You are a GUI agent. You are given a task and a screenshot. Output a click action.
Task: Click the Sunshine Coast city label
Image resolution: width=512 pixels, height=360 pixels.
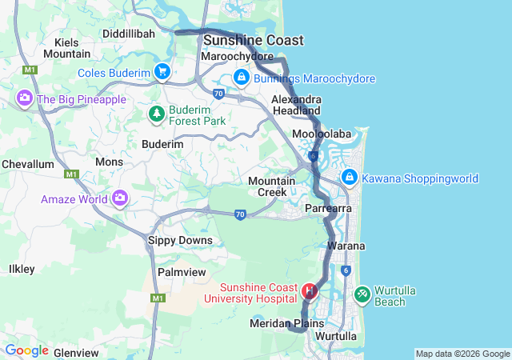click(242, 40)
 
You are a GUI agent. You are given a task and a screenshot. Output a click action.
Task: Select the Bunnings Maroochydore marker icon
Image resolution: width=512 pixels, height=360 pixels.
click(240, 78)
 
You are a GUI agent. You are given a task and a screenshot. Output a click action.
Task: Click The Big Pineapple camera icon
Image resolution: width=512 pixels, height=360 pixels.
click(24, 98)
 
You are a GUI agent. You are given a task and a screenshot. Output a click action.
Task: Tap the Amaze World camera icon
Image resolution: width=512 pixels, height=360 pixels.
click(120, 197)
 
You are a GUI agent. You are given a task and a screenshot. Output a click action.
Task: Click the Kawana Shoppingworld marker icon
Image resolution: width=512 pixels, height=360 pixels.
click(350, 178)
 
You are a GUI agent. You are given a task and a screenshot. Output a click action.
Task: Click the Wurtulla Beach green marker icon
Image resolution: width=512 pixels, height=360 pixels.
click(362, 295)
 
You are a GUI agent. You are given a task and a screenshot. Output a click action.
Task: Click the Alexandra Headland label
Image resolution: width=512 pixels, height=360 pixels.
click(296, 105)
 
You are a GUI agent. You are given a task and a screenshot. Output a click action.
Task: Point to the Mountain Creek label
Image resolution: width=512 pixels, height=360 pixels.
click(272, 186)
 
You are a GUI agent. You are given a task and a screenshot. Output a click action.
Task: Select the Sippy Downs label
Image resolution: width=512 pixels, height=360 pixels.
click(181, 240)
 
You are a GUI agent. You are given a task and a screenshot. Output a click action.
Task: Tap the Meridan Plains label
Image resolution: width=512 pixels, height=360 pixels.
click(286, 323)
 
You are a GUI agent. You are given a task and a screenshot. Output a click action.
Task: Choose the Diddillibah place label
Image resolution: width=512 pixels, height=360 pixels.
click(129, 34)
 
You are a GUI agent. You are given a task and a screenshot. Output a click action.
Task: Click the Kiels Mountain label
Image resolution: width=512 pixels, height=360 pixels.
click(66, 47)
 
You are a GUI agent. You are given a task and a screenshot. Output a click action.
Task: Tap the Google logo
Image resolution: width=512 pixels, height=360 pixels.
click(26, 350)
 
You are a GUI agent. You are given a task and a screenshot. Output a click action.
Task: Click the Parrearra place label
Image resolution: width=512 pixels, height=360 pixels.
click(330, 208)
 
